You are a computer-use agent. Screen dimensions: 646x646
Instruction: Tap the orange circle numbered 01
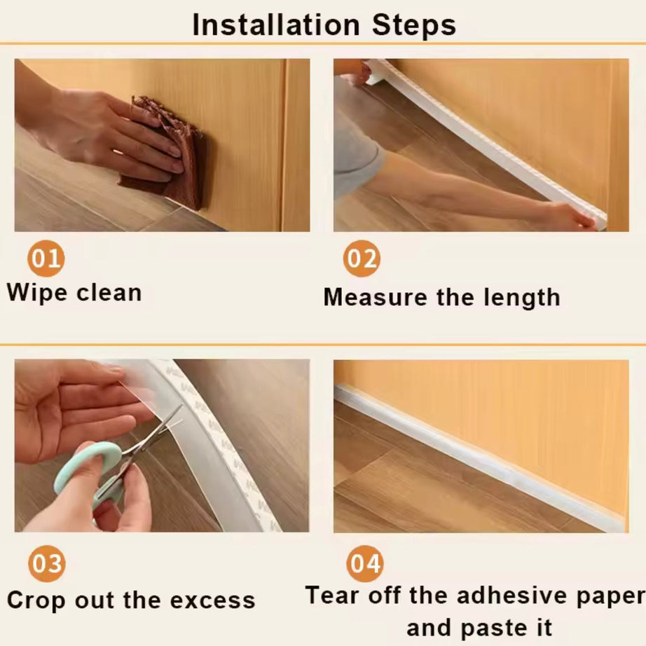tap(46, 259)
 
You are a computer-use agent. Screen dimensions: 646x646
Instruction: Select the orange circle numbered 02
tap(362, 259)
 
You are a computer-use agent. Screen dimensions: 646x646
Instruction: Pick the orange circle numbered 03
tap(46, 564)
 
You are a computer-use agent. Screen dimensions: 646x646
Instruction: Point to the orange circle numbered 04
tap(364, 564)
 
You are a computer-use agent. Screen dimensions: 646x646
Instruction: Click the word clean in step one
tap(109, 292)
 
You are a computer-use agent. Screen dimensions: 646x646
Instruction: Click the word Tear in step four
tap(332, 596)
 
